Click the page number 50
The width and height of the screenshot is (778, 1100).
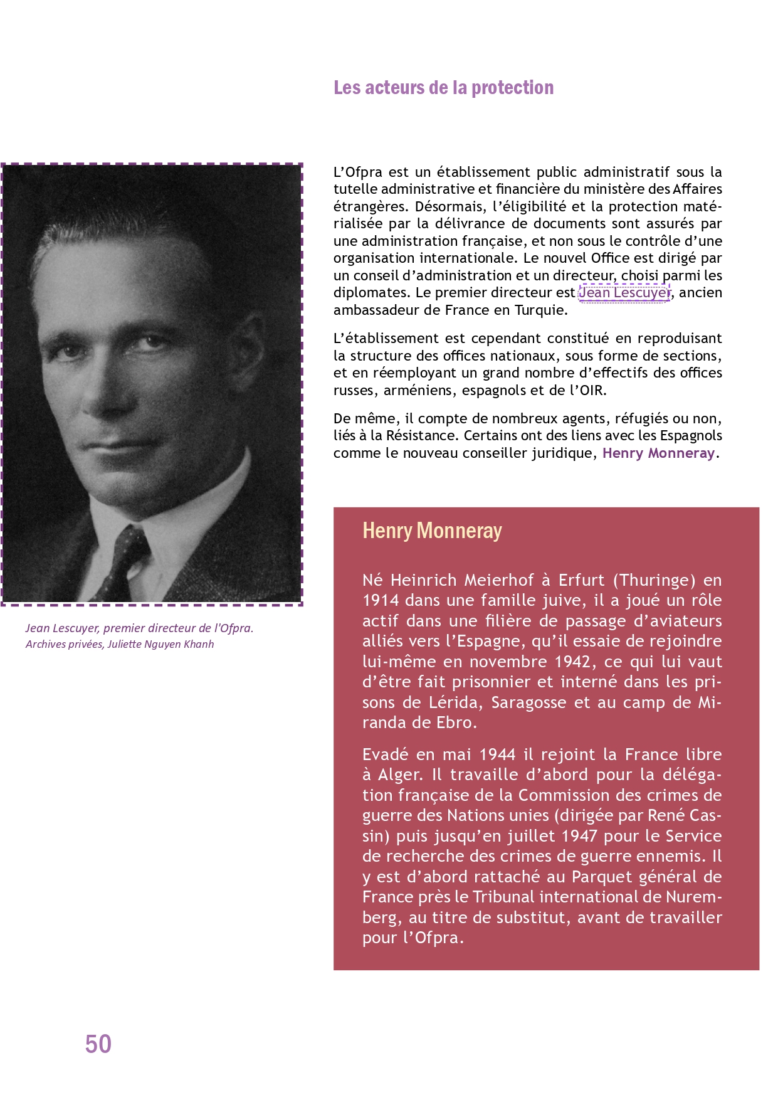98,1044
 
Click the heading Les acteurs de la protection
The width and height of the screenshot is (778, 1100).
443,88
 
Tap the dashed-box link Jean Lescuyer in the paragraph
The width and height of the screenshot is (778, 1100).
624,293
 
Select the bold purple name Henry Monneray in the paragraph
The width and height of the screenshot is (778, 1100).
658,453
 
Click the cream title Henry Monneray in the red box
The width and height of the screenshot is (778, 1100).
432,531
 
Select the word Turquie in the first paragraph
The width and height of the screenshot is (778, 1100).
540,310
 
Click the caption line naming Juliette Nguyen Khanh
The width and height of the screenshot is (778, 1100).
120,644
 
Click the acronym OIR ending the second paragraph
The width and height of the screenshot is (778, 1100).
591,390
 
